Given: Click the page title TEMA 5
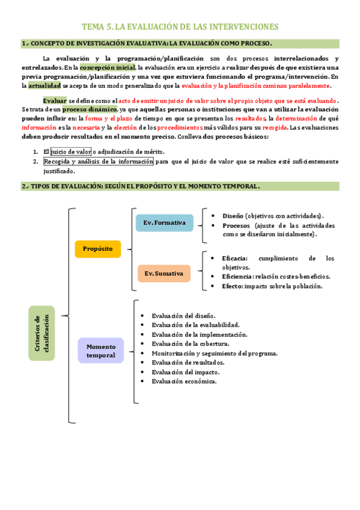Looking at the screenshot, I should (180, 27).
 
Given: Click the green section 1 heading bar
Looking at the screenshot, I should (180, 43).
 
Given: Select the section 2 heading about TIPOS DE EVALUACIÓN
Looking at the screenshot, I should (180, 186).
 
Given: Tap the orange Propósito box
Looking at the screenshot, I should (97, 248).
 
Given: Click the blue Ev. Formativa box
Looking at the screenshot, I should (164, 223).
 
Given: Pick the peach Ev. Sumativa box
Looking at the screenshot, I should (163, 274).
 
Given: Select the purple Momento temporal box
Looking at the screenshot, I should (100, 351).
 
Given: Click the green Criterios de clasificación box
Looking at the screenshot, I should (41, 333).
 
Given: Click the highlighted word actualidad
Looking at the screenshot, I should (44, 86).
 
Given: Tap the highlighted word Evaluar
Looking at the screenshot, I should (55, 100).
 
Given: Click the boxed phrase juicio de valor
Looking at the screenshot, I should (71, 152).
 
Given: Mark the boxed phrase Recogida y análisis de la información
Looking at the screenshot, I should (98, 161).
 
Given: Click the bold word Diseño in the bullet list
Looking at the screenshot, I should (233, 216).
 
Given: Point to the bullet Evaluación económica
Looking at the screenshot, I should (184, 381).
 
